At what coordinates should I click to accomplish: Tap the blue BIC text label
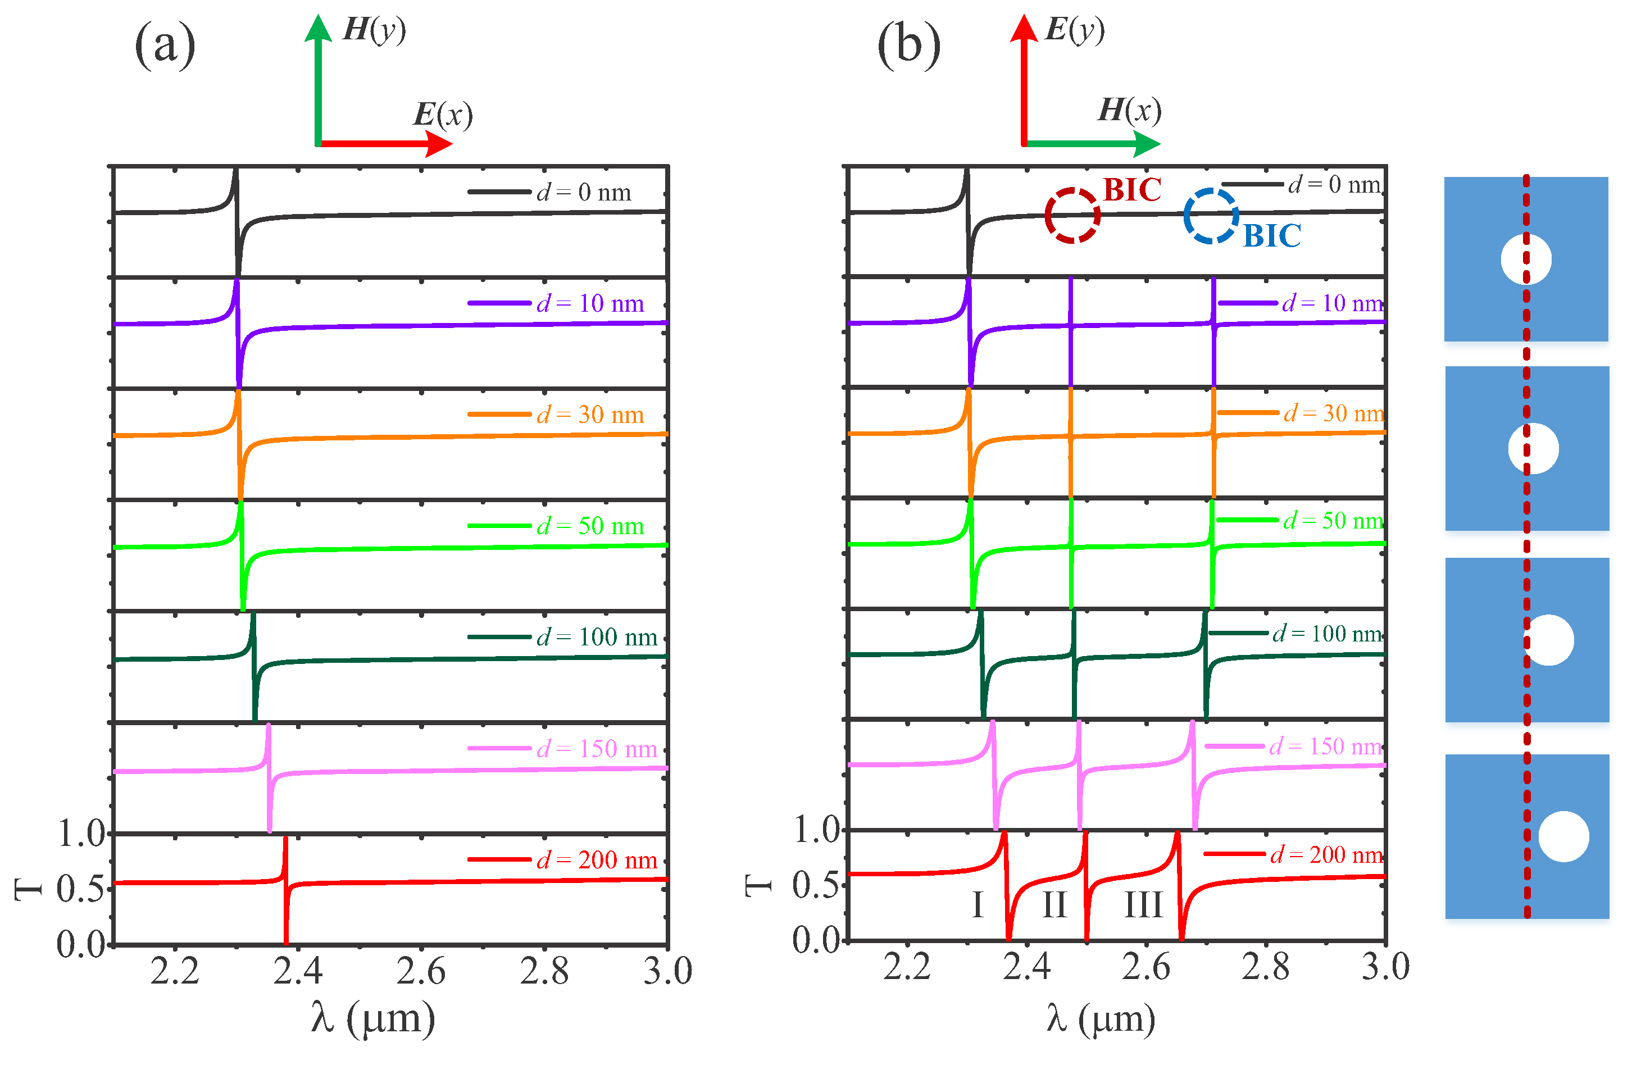tap(1272, 236)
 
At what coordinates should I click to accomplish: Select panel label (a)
tap(165, 45)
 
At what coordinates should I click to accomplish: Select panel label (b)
tap(908, 45)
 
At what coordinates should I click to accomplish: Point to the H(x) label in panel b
tap(1129, 110)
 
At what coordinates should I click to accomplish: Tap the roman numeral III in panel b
tap(1143, 905)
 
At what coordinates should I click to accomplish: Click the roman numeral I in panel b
tap(978, 905)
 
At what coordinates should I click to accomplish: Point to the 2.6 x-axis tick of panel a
tap(420, 971)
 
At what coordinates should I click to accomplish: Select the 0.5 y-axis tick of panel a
tap(80, 889)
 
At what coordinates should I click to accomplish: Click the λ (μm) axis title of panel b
tap(1101, 1018)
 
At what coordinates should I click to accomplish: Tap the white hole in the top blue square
tap(1526, 259)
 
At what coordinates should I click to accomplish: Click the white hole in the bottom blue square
tap(1563, 836)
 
